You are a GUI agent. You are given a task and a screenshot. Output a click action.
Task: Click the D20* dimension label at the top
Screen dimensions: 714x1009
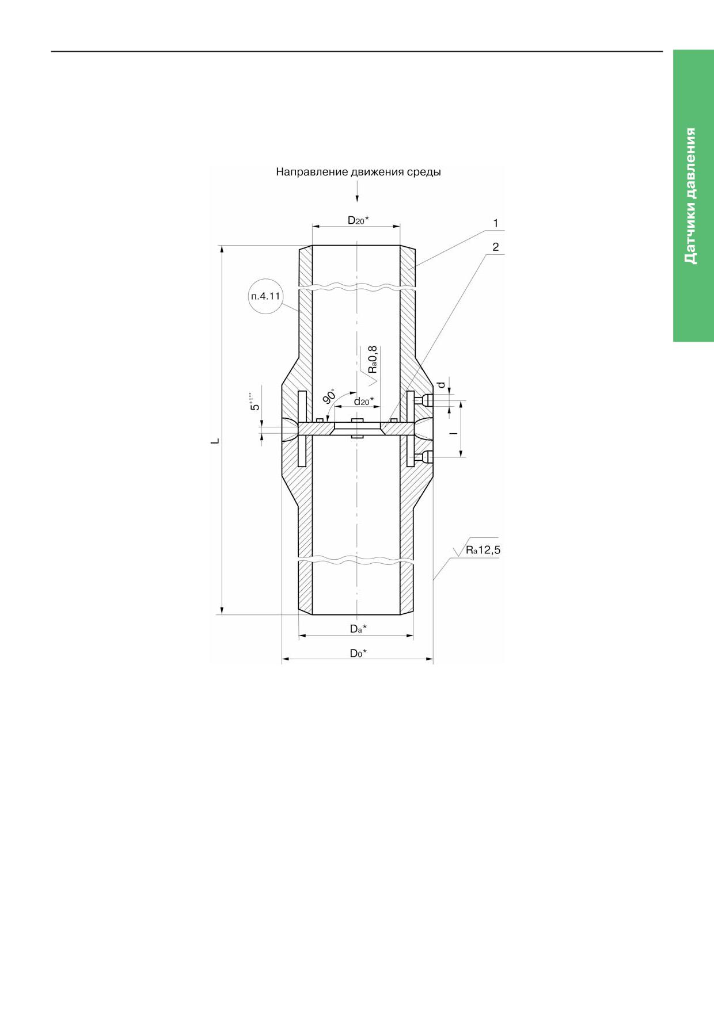(358, 220)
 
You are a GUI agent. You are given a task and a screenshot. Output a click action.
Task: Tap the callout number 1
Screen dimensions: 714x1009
(495, 223)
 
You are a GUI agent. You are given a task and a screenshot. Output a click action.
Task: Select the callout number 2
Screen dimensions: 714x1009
(495, 247)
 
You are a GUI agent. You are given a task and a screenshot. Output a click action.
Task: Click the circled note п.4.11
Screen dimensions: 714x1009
(265, 296)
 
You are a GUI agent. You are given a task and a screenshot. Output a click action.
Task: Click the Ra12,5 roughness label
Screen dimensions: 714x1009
(483, 550)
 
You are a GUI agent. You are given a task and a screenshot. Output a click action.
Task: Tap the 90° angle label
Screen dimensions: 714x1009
(329, 396)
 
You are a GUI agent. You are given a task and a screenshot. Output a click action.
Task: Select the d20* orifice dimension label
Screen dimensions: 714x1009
(363, 401)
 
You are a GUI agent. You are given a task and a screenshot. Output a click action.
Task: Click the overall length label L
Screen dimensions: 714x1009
(215, 441)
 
